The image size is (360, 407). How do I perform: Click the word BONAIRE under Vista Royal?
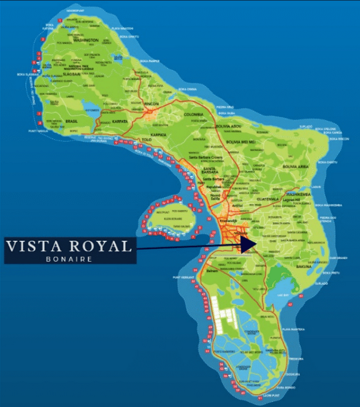69,258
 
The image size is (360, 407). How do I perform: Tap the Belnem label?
212,271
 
